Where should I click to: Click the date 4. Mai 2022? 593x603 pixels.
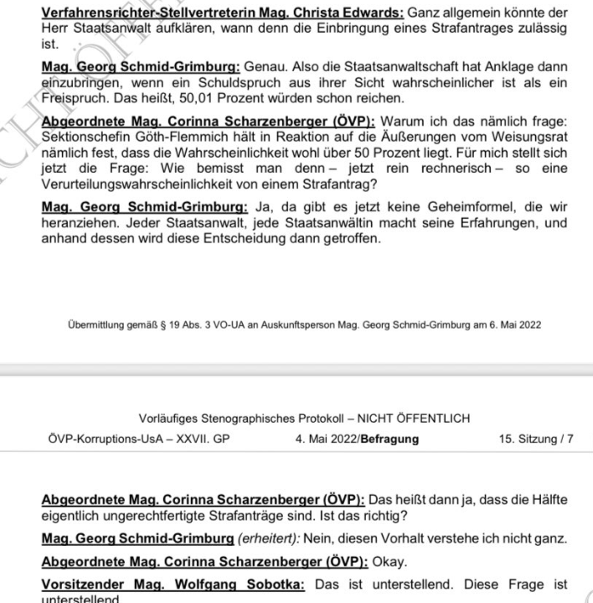[326, 437]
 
